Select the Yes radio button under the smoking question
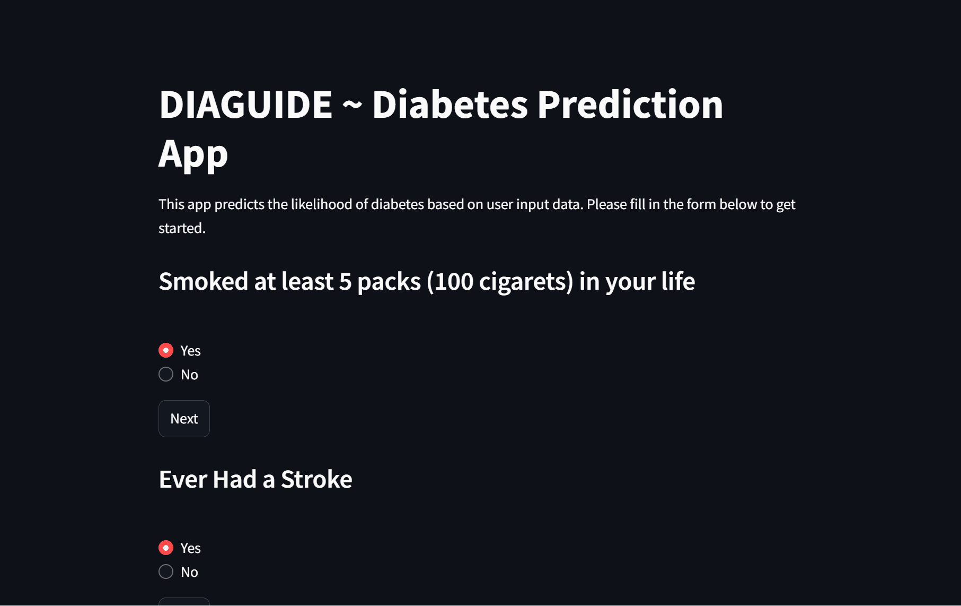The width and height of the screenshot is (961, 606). pos(166,350)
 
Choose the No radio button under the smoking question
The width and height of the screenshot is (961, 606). pos(166,374)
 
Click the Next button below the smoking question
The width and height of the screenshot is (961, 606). pos(184,419)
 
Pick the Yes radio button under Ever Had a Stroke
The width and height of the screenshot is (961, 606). pos(166,548)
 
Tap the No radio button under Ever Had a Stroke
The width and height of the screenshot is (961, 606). pos(166,572)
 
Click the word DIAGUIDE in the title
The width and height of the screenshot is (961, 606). pos(246,105)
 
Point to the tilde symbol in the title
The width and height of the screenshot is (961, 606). pos(352,106)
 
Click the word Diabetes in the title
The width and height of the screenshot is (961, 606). pos(450,105)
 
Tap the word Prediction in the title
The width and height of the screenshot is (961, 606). pos(630,105)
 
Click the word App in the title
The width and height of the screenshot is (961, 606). pos(193,154)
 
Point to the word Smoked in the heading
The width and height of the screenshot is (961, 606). pos(204,281)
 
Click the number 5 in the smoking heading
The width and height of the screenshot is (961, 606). pos(345,282)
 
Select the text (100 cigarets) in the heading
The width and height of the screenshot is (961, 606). pos(500,282)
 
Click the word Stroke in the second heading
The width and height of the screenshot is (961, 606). pos(316,480)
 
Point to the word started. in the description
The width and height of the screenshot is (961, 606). pos(182,228)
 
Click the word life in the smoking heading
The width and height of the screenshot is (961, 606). pos(678,281)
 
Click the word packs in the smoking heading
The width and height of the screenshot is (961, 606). pos(389,282)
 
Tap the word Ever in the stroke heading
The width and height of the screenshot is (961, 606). pos(183,480)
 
